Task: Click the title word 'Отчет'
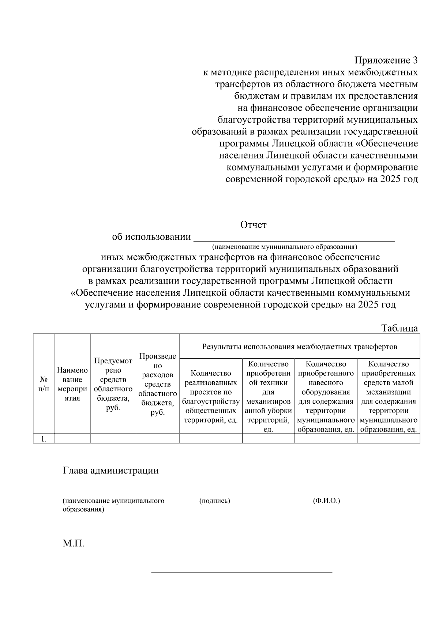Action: click(x=253, y=225)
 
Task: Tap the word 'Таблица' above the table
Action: click(x=399, y=328)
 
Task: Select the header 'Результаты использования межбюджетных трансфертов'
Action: click(x=300, y=346)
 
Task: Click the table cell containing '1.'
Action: click(x=44, y=439)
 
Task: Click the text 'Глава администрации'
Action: click(x=111, y=470)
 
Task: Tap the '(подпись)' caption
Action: click(x=215, y=501)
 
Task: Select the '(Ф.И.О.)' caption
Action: click(x=326, y=501)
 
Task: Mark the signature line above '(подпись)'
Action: click(x=238, y=495)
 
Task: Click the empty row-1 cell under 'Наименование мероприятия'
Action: click(x=72, y=438)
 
